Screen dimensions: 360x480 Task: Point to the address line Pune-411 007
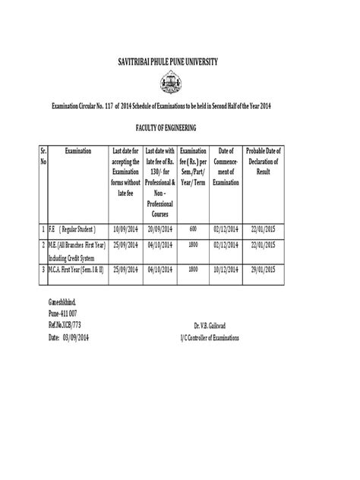click(x=63, y=311)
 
